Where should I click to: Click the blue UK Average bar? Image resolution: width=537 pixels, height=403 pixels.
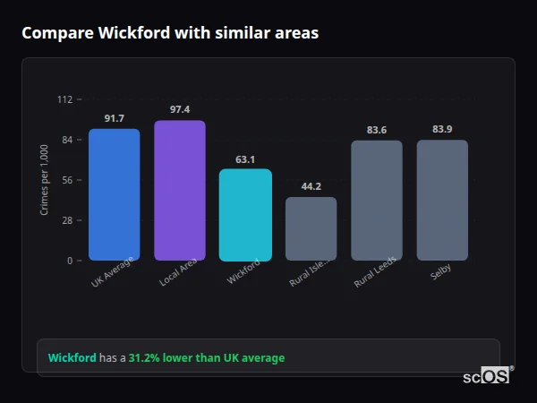coord(114,194)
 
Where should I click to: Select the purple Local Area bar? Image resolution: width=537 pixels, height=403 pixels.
coord(180,191)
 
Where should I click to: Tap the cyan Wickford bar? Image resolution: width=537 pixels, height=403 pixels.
coord(245,215)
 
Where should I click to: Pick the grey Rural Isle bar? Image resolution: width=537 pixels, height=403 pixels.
coord(311,228)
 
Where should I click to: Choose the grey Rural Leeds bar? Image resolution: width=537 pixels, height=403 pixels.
coord(377,201)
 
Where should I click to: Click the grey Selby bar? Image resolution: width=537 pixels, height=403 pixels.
coord(442,200)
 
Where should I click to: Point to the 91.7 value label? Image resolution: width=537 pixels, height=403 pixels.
coord(114,118)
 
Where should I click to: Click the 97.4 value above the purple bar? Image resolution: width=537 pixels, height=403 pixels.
coord(180,109)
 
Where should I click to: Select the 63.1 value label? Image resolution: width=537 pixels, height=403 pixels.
coord(245,159)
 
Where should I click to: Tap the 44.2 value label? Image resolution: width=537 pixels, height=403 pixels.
coord(311,186)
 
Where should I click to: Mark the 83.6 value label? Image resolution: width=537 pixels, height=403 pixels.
coord(377,130)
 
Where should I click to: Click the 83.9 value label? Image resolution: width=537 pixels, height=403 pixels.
coord(442,129)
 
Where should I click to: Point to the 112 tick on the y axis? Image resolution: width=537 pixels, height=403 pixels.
coord(64,99)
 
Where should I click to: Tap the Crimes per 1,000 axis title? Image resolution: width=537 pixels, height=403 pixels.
coord(45,180)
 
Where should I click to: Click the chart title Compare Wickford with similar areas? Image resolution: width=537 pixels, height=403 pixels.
coord(170,33)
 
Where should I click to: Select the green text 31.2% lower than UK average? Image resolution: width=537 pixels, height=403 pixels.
coord(207,358)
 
